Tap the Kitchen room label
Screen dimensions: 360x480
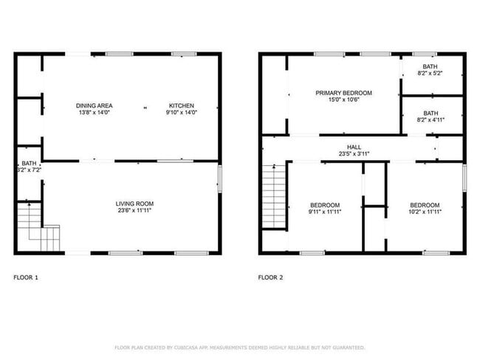[181, 105]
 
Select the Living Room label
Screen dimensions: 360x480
[134, 204]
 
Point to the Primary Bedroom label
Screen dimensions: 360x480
[343, 93]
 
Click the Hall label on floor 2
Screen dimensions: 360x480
[343, 147]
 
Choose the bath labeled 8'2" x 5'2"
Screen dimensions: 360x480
[431, 70]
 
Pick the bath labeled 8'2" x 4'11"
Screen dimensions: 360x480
[431, 117]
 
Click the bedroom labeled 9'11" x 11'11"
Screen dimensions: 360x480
[324, 208]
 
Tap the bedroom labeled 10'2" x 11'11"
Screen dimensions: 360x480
[425, 208]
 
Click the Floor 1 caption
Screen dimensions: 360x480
[26, 277]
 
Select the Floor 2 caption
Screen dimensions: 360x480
[270, 277]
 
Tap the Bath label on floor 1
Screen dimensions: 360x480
[29, 163]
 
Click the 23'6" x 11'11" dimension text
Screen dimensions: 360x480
[134, 210]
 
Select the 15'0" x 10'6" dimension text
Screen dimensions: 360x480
[343, 100]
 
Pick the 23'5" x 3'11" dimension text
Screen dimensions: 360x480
[343, 153]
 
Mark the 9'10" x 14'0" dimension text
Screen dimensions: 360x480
[181, 112]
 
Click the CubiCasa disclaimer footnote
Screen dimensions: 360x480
[239, 347]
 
